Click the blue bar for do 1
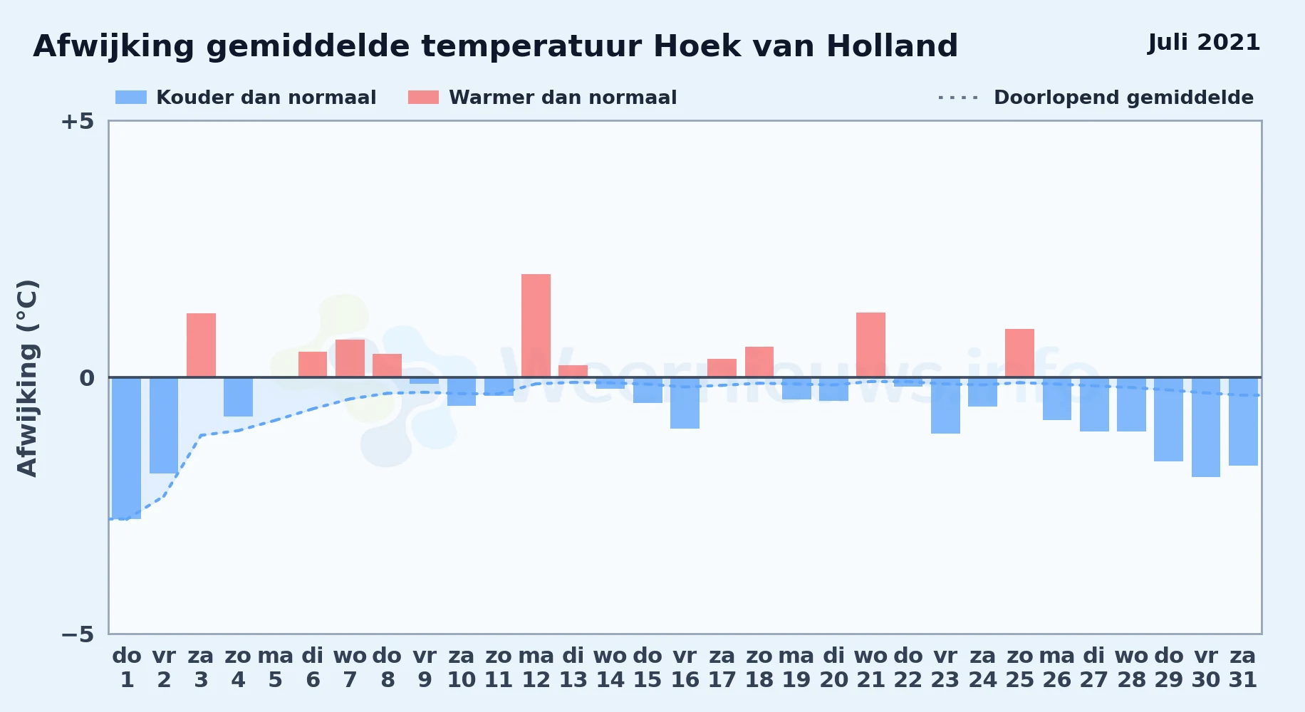(x=127, y=448)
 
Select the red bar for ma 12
(x=536, y=325)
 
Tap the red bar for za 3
(x=201, y=345)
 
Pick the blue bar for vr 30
(x=1206, y=427)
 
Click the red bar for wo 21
(x=870, y=345)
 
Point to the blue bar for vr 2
(x=164, y=425)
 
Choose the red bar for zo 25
(x=1019, y=353)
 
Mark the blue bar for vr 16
(x=685, y=403)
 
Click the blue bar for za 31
(x=1243, y=422)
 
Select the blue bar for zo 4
(x=238, y=397)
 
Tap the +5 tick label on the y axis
(x=77, y=121)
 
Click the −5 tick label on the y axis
(x=77, y=634)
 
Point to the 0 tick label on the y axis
(x=87, y=377)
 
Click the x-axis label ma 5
(x=275, y=667)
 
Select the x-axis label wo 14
(x=610, y=667)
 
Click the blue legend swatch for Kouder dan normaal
(x=131, y=98)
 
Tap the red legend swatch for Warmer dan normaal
(x=423, y=98)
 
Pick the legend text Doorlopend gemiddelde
(x=1123, y=98)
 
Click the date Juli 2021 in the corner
(x=1204, y=43)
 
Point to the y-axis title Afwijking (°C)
(x=27, y=377)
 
